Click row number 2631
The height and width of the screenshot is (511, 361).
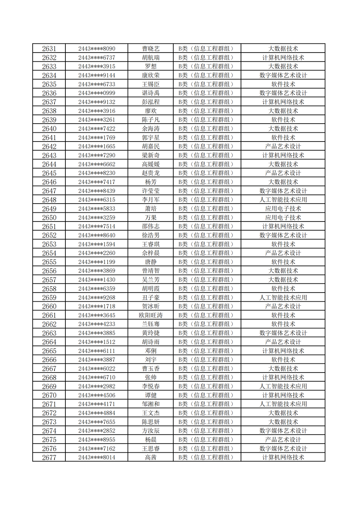[49, 49]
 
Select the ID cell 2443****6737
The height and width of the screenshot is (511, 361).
[97, 58]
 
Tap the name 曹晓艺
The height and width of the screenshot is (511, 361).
[150, 49]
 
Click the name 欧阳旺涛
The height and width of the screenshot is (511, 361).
[150, 315]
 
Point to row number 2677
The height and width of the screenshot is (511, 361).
[49, 458]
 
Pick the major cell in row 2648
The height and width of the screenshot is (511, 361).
[283, 200]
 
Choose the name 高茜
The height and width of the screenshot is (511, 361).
[150, 458]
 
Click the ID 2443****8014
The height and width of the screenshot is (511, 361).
[97, 458]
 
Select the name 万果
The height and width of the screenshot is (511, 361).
[150, 218]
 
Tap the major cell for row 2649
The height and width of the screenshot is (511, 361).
[283, 209]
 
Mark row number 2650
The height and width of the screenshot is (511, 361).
[49, 218]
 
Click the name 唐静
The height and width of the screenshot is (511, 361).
[150, 262]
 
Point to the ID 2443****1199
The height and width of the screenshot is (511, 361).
[97, 262]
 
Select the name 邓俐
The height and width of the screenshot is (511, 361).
[150, 351]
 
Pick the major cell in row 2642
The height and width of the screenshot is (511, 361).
[283, 146]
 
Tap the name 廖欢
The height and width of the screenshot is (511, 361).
[150, 111]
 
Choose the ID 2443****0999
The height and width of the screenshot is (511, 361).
[97, 93]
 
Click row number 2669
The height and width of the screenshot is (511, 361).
[49, 387]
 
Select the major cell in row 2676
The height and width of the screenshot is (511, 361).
[283, 449]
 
